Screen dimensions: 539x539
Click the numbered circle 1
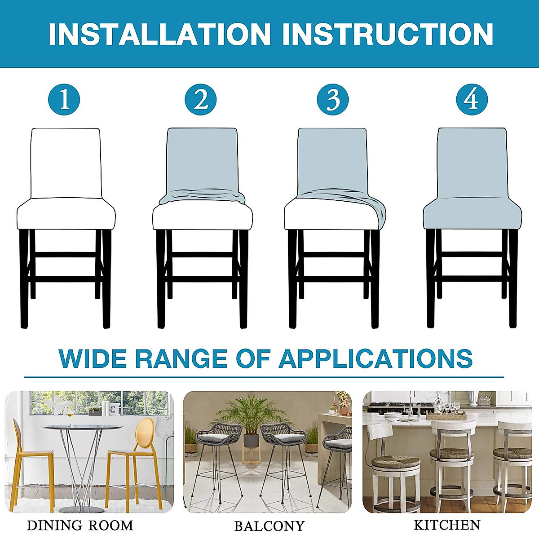coord(64,99)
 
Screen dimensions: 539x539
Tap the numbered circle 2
coord(201,99)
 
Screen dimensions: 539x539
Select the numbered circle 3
coord(333,99)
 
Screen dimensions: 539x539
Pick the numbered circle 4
coord(472,99)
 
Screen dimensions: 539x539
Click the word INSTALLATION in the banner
coord(159,34)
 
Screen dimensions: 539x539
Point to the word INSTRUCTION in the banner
coord(387,34)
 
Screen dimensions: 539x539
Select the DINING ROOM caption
coord(80,525)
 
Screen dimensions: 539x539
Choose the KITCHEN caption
coord(447,525)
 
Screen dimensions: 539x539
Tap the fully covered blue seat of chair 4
coord(472,213)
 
